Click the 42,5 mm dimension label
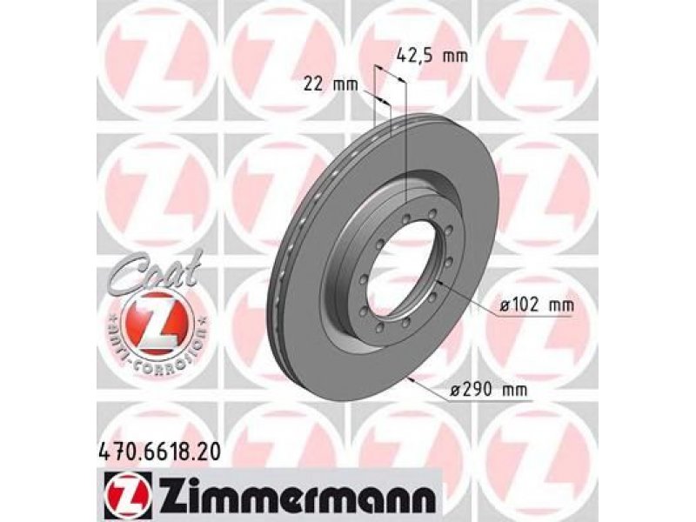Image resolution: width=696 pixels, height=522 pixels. point(432,57)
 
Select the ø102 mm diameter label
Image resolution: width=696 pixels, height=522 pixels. point(537,305)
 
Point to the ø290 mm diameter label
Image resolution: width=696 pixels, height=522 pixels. point(488,390)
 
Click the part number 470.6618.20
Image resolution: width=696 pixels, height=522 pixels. point(158,452)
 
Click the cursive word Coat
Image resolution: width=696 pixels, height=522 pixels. point(154,271)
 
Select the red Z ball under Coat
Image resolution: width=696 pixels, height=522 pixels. point(158,323)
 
